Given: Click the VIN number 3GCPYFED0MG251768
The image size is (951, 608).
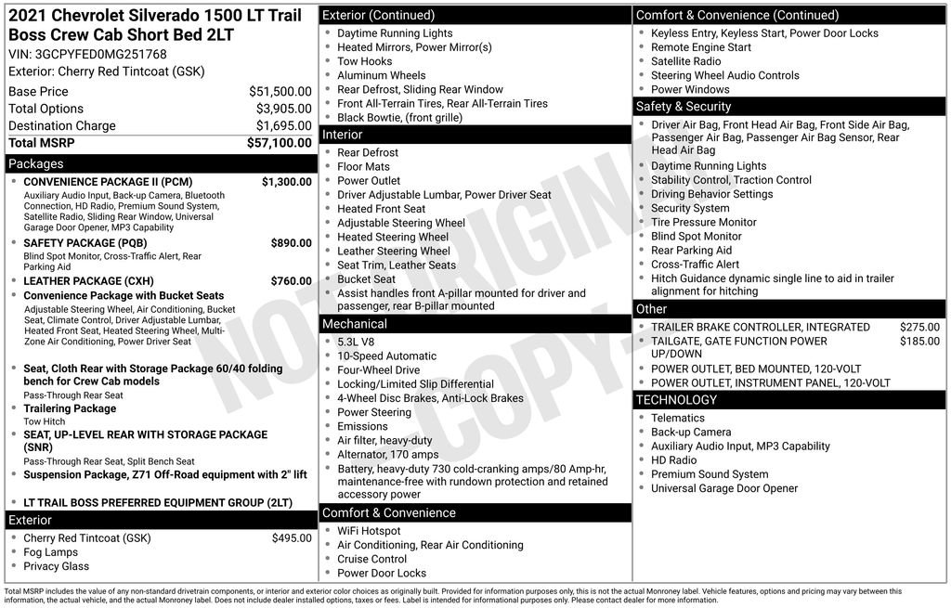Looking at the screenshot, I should tap(100, 54).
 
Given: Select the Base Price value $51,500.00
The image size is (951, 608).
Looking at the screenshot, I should tap(280, 92).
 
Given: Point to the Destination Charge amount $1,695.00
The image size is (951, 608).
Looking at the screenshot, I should tap(283, 126).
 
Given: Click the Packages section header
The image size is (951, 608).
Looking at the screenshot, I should tap(35, 163).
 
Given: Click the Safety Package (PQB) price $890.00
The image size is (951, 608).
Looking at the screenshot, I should tap(291, 243).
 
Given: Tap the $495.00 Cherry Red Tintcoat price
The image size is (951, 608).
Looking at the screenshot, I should tap(292, 538).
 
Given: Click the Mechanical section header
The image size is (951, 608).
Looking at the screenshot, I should tap(354, 324).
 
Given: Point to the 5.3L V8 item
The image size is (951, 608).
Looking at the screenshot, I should tap(356, 342).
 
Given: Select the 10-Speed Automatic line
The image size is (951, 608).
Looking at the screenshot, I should tap(386, 356).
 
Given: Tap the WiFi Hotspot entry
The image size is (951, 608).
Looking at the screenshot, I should tap(369, 531).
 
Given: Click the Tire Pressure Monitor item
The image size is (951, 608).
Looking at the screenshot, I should tap(703, 222).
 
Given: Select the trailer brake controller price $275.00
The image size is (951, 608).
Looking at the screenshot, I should tap(919, 328).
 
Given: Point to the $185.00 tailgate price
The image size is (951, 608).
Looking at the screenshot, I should tap(919, 342).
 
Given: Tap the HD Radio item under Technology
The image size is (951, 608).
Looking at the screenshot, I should tap(673, 460).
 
